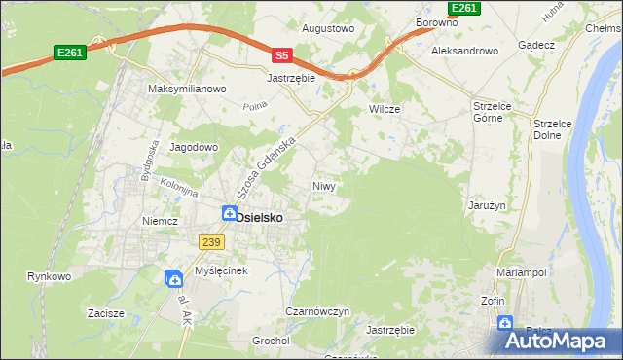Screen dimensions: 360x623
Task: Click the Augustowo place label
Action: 327,29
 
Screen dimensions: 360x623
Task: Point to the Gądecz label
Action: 536,46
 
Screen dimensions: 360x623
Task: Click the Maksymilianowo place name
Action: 187,89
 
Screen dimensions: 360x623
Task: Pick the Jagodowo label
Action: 195,147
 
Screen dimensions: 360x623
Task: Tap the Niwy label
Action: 324,185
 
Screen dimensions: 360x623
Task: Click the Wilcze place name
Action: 385,109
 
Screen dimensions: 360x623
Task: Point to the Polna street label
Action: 255,105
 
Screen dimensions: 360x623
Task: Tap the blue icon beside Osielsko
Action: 229,213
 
